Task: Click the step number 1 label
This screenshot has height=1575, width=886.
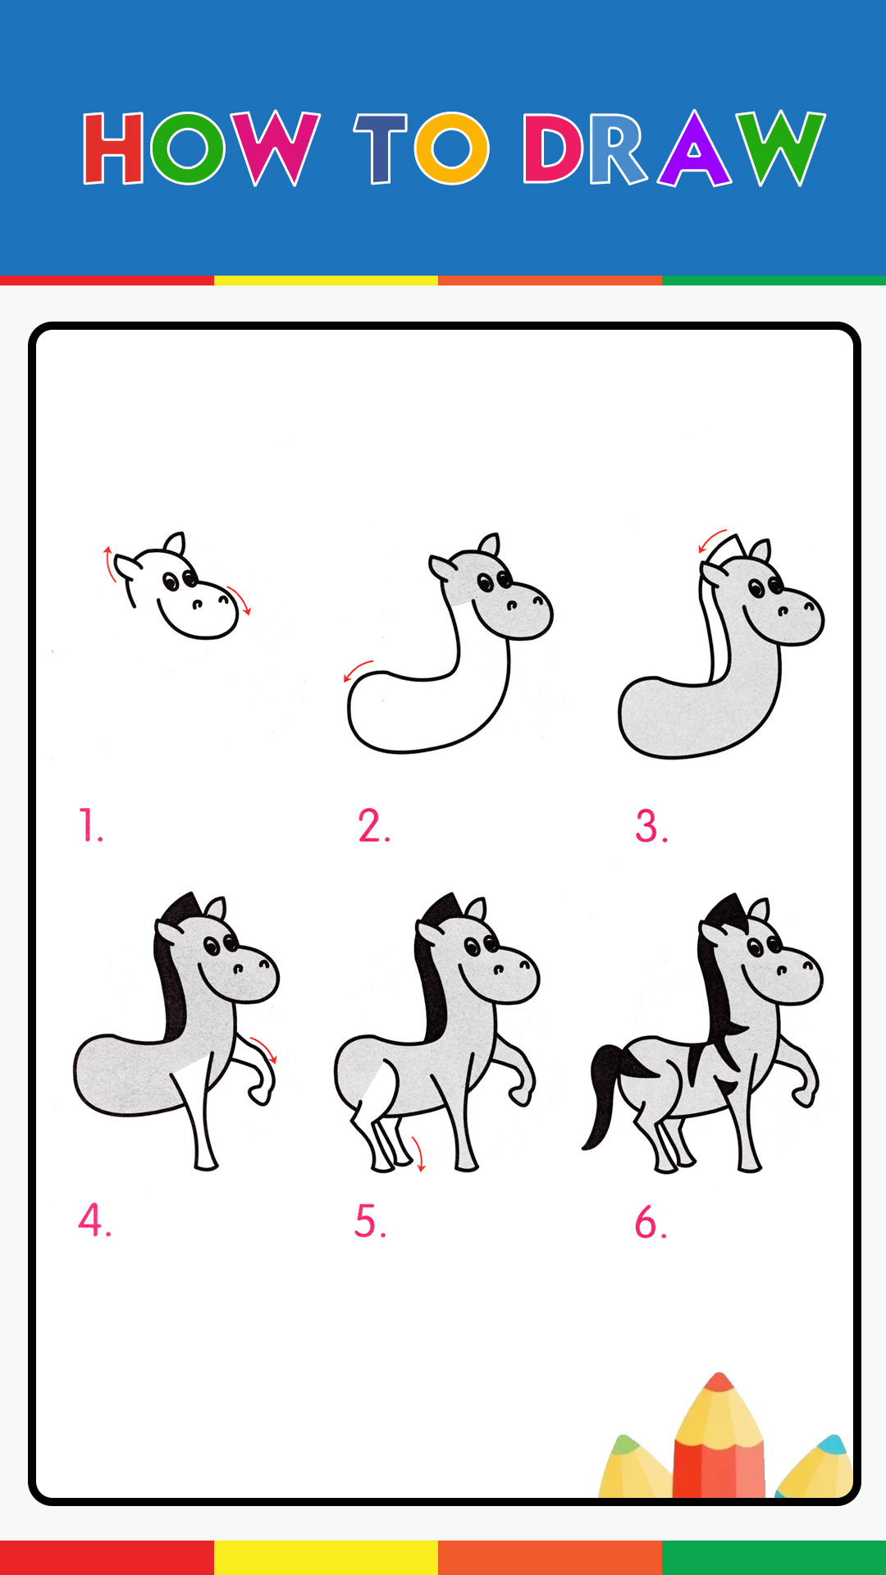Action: click(x=90, y=825)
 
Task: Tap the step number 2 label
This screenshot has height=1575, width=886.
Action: click(x=373, y=825)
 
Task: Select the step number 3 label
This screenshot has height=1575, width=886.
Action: click(x=651, y=826)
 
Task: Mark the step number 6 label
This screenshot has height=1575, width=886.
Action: click(x=651, y=1222)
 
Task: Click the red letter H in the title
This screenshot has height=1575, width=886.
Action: click(x=113, y=148)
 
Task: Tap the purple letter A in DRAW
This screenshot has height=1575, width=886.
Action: click(x=694, y=148)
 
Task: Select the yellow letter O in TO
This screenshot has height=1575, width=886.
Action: click(x=452, y=148)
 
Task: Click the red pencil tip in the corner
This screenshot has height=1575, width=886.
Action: click(x=719, y=1381)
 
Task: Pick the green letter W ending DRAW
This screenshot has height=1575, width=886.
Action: click(x=780, y=148)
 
